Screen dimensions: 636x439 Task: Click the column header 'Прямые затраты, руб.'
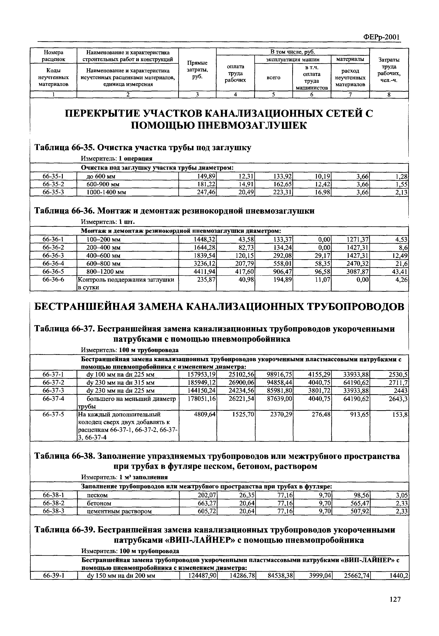pyautogui.click(x=197, y=70)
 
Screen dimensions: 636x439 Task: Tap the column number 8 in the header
pyautogui.click(x=389, y=95)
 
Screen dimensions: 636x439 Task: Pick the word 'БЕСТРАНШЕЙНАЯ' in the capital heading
pyautogui.click(x=85, y=307)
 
